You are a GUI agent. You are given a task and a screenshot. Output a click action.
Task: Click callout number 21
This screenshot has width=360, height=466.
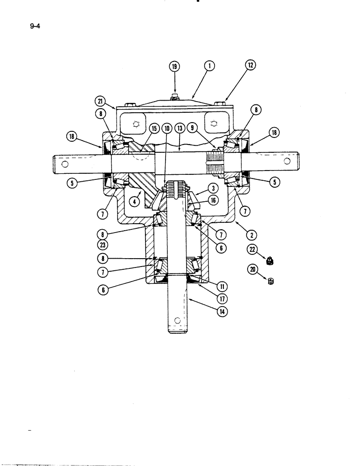(x=99, y=101)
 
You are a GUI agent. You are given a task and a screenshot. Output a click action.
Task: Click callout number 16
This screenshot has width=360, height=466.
(x=214, y=200)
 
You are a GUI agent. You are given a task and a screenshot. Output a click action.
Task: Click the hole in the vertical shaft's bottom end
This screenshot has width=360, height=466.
(x=177, y=320)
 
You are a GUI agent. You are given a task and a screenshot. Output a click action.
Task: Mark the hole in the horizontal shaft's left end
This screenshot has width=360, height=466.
(x=65, y=164)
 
